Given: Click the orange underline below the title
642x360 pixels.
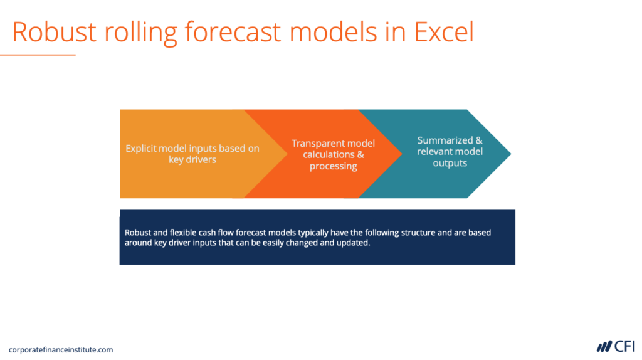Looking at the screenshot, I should (38, 55).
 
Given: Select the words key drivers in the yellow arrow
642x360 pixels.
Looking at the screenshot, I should (192, 160).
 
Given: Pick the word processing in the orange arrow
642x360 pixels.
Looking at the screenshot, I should (333, 166).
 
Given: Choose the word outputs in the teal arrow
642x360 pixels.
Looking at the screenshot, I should (450, 163).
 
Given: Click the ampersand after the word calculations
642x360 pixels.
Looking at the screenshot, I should (360, 155).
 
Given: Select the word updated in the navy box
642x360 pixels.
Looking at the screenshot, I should (355, 243).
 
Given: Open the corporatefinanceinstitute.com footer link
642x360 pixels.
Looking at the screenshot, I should (61, 350).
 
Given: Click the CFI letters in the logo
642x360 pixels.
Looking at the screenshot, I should (624, 346).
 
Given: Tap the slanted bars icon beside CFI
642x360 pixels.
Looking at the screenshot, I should (604, 346).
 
